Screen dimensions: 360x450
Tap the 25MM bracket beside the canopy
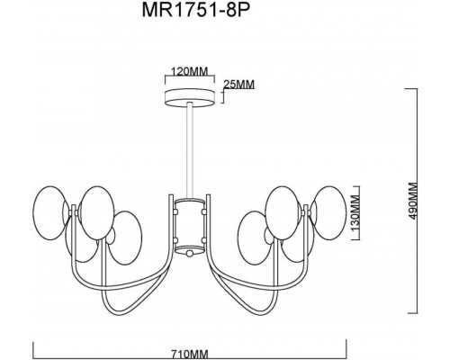tap(220, 94)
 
